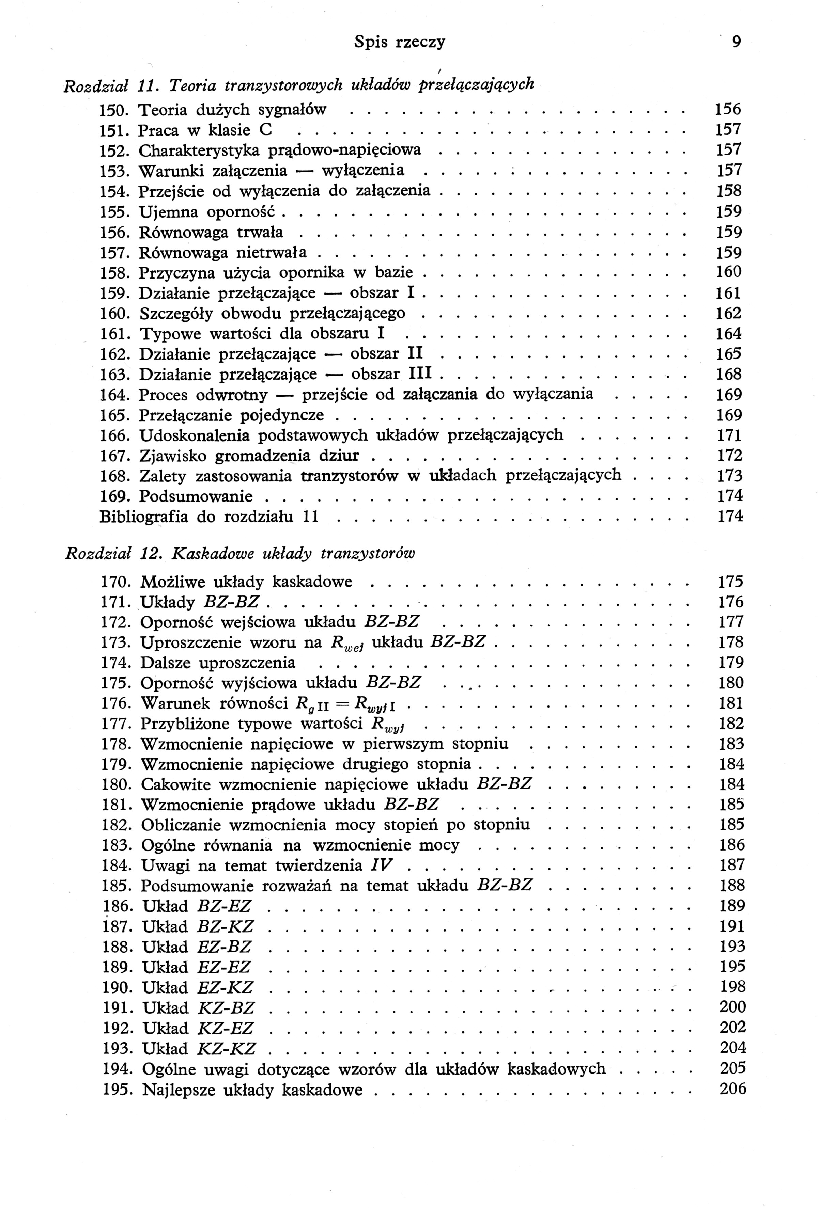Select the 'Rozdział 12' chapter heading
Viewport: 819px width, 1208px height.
(240, 554)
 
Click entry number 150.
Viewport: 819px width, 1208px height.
(114, 110)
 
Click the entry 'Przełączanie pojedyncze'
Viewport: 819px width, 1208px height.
(231, 415)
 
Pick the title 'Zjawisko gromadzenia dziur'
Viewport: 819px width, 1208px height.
(249, 456)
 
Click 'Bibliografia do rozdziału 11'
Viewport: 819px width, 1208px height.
(208, 517)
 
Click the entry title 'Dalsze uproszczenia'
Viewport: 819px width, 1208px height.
(218, 663)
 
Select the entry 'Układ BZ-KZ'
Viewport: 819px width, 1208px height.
(198, 927)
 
